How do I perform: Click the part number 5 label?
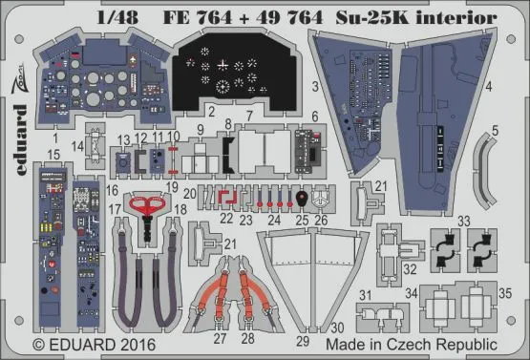[x=495, y=129]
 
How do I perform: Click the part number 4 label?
[x=488, y=87]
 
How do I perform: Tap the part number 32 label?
[x=410, y=270]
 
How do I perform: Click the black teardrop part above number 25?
[x=302, y=201]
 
